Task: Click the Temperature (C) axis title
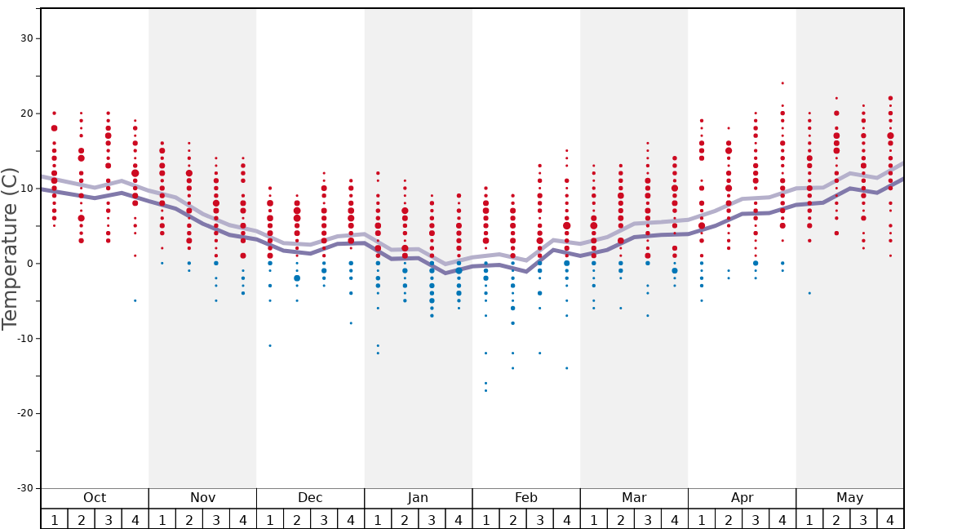point(10,248)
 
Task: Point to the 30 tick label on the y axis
point(25,38)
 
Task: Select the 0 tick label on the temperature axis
point(29,263)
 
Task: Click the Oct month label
point(95,498)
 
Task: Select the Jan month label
point(418,498)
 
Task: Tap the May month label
point(849,498)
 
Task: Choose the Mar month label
point(634,498)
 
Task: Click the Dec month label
point(310,498)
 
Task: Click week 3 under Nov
point(216,520)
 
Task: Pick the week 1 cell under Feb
point(485,520)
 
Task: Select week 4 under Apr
point(782,520)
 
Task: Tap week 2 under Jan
point(405,520)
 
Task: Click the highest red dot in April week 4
point(782,83)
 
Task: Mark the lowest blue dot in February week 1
point(485,390)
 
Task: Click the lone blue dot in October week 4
point(135,300)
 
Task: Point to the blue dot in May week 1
point(809,293)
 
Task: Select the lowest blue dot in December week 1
point(270,345)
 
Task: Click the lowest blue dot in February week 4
point(566,368)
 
